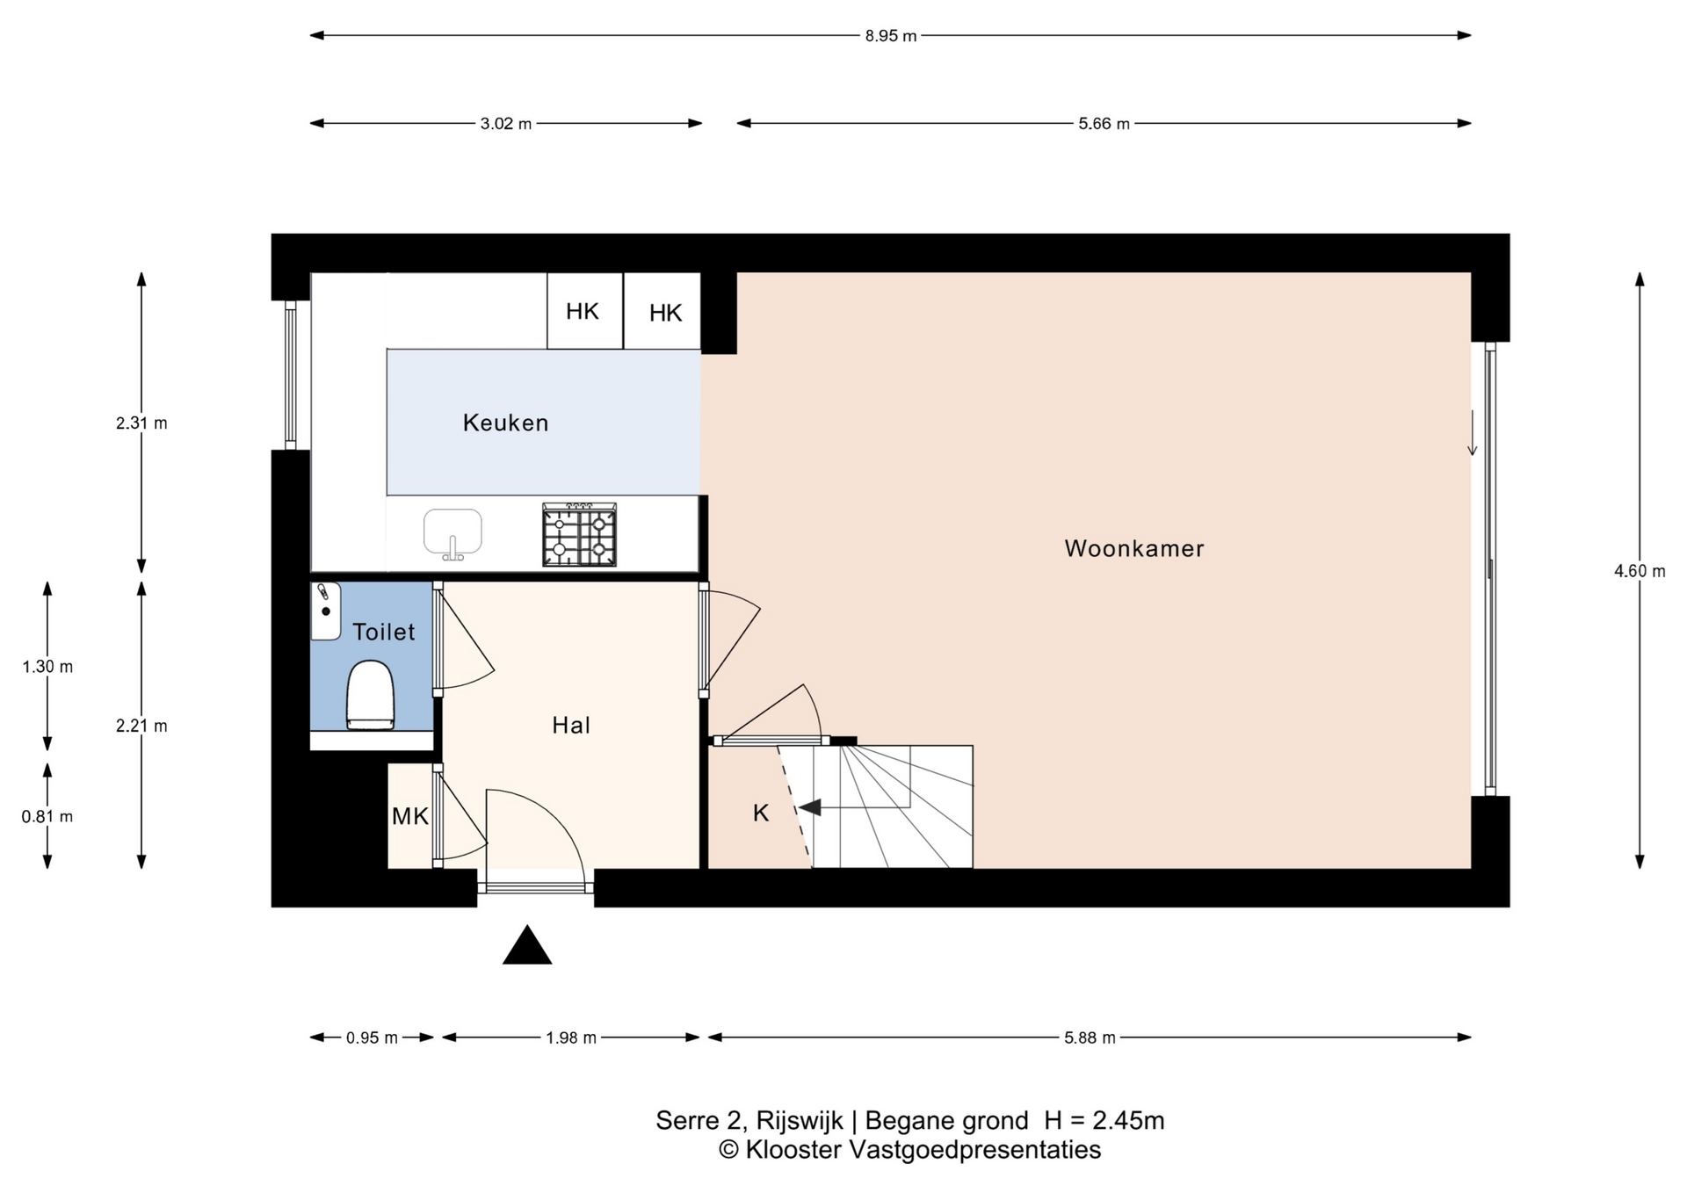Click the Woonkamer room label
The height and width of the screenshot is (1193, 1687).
click(x=1133, y=548)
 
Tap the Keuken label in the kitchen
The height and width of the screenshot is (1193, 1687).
click(x=505, y=423)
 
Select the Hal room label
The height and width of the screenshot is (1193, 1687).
click(x=571, y=725)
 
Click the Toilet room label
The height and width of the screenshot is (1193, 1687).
click(x=383, y=632)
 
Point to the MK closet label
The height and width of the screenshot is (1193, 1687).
click(x=409, y=816)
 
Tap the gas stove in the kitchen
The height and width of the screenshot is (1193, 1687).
click(x=579, y=534)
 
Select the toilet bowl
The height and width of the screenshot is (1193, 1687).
click(x=370, y=695)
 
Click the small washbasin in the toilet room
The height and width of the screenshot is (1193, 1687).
click(x=325, y=611)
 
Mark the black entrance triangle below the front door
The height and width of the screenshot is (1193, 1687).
click(x=527, y=945)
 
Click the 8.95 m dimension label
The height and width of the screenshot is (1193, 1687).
click(x=891, y=36)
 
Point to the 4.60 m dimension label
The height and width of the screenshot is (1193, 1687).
click(x=1640, y=571)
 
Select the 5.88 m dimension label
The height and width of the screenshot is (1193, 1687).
click(x=1090, y=1038)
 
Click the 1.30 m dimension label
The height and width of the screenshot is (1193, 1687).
click(x=47, y=667)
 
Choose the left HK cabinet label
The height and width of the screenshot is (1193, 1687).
click(x=583, y=311)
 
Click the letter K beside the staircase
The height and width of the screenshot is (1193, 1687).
click(x=761, y=813)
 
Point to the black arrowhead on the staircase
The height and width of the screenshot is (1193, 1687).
click(x=809, y=806)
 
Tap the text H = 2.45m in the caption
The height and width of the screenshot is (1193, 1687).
click(x=1104, y=1120)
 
